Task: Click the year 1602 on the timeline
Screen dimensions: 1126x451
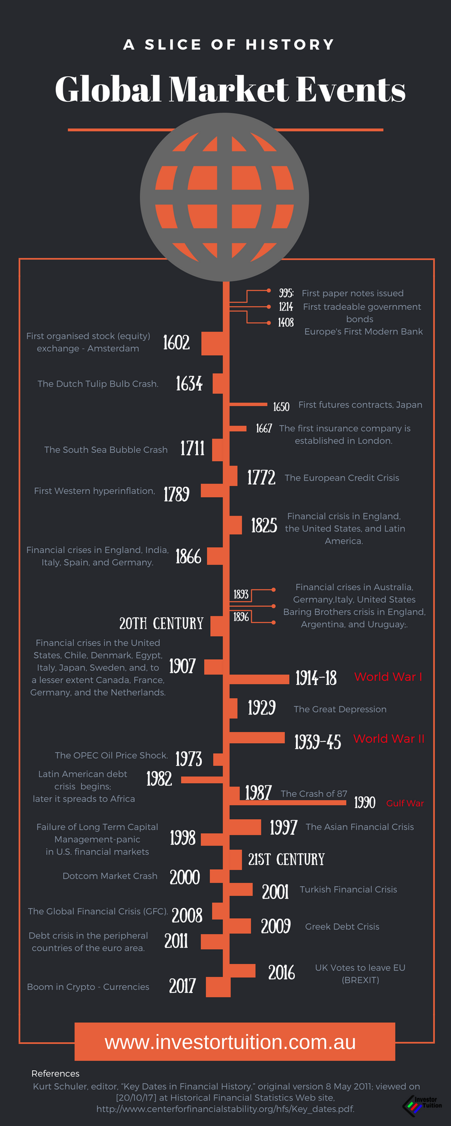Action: [176, 342]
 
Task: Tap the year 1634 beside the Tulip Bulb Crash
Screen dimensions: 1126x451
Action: [189, 384]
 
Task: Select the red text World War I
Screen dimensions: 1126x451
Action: [388, 677]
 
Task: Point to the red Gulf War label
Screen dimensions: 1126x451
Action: [405, 803]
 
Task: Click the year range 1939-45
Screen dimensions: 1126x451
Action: [317, 742]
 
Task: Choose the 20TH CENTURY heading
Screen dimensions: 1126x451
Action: [161, 624]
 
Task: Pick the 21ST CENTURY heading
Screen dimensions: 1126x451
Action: [286, 860]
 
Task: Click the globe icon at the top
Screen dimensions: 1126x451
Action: [224, 197]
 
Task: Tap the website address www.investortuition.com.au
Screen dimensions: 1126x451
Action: [230, 1042]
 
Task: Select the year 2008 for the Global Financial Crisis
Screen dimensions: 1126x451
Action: [187, 915]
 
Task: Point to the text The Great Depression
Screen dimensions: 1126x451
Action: [340, 709]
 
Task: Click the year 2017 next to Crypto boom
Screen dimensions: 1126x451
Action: [182, 986]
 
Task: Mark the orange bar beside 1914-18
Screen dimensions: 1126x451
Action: [259, 678]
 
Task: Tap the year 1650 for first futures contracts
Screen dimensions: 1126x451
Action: [281, 406]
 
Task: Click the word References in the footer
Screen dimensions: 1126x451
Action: [55, 1074]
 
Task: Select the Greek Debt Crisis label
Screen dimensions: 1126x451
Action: [342, 927]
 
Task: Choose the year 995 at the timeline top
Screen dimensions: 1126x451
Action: [286, 293]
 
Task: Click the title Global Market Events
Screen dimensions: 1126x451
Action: [230, 89]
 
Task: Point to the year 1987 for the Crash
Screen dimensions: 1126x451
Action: [258, 793]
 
